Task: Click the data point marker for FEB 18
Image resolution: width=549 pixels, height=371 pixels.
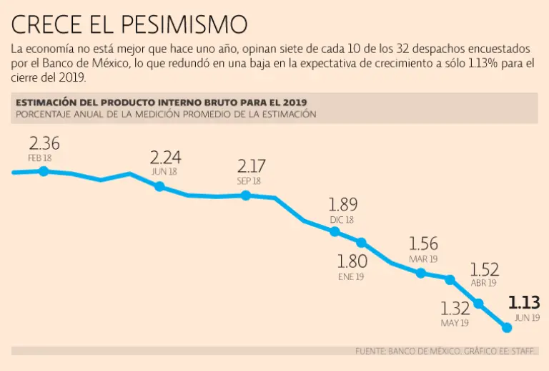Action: (44, 171)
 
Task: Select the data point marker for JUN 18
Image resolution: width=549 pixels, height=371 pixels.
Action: (159, 186)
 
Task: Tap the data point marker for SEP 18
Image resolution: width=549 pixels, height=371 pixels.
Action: (245, 195)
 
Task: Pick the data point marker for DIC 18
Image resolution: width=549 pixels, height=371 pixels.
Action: (335, 231)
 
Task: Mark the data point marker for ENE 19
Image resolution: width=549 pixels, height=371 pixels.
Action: (362, 243)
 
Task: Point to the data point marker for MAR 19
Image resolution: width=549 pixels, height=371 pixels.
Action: (420, 273)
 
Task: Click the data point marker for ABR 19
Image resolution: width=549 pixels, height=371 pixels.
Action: (450, 279)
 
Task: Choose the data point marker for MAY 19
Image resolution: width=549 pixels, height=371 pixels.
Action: (479, 303)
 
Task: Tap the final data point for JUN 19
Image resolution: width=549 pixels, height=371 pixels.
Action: (508, 327)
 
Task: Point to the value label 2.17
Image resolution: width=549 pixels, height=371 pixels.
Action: (251, 167)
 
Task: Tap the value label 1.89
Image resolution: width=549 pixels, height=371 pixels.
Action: (342, 205)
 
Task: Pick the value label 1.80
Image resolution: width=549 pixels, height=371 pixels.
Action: (352, 261)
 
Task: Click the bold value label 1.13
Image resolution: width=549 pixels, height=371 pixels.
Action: (523, 302)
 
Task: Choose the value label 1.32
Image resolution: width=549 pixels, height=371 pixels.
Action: (455, 309)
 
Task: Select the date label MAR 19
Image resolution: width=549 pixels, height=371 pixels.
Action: (423, 259)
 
